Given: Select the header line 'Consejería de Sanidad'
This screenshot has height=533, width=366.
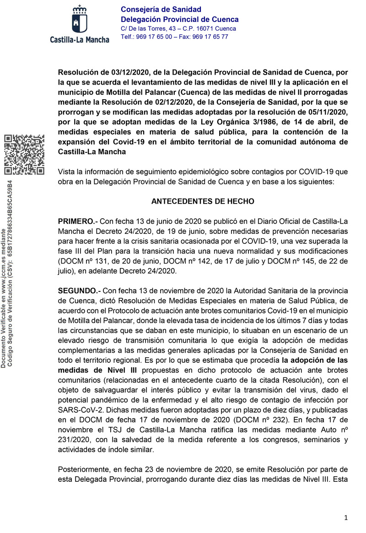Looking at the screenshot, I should pos(154,10).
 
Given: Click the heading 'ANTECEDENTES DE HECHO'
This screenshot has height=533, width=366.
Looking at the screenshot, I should pos(203,201).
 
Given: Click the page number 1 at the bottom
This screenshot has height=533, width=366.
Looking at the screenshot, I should pos(346,517).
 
